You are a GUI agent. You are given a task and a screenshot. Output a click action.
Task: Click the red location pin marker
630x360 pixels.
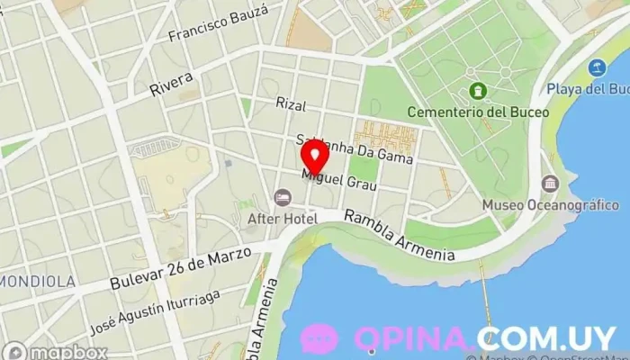314,154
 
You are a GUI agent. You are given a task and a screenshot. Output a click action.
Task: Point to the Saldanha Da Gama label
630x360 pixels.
355,149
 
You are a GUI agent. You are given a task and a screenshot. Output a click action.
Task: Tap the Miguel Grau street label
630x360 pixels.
339,177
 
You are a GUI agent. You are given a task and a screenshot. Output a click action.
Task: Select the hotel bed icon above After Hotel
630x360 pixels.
283,197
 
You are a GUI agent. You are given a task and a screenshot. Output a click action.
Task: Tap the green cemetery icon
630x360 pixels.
477,92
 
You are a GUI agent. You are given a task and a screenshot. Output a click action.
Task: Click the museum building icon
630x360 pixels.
549,184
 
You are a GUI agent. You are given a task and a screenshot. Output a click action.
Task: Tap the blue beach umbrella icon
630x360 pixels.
596,67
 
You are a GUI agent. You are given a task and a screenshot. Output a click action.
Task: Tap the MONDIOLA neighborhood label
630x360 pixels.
36,282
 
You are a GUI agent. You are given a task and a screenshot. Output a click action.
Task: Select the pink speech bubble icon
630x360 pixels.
319,338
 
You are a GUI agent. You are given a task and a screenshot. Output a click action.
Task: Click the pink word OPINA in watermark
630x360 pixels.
414,338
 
